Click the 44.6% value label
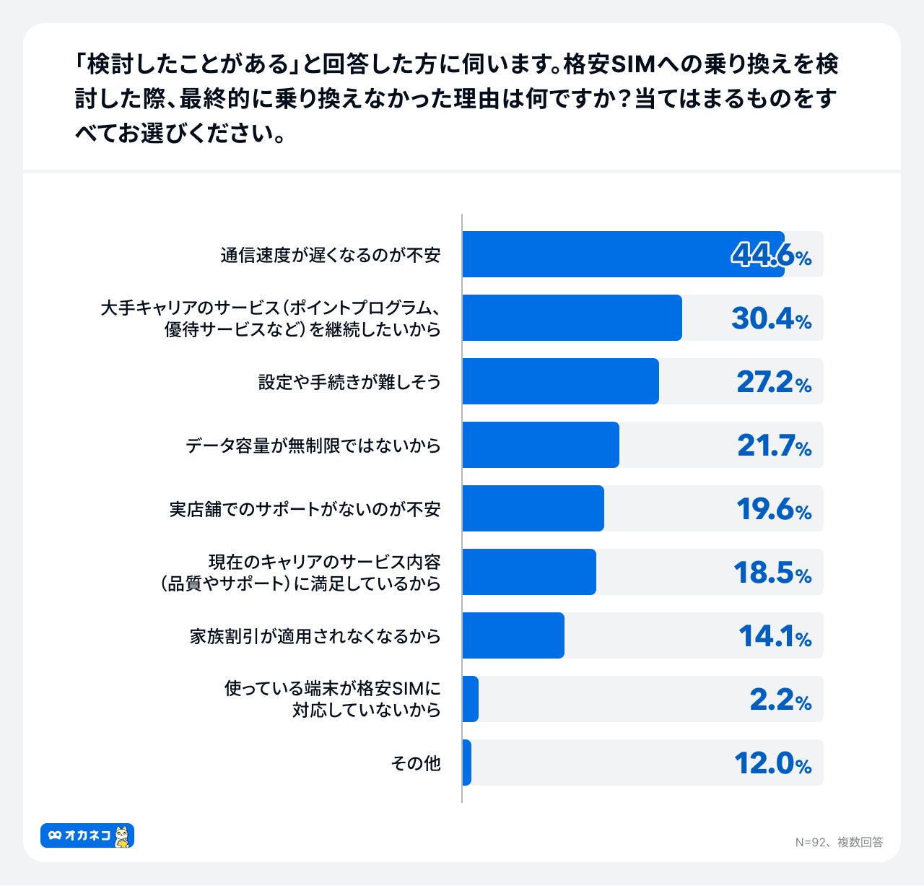pos(771,255)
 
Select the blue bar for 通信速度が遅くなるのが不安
pos(622,254)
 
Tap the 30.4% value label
pos(771,318)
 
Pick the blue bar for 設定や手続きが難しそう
pos(560,381)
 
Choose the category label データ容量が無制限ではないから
pos(313,446)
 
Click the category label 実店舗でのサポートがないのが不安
pos(305,509)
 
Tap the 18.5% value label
pos(772,573)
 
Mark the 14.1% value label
pos(775,636)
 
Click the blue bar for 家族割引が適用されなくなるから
pos(513,635)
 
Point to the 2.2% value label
pos(780,700)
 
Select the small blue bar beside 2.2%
pos(471,699)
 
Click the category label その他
pos(416,763)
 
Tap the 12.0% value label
pos(772,763)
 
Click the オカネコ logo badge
pos(87,835)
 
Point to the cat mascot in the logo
pos(123,836)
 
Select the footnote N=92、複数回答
pos(839,842)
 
